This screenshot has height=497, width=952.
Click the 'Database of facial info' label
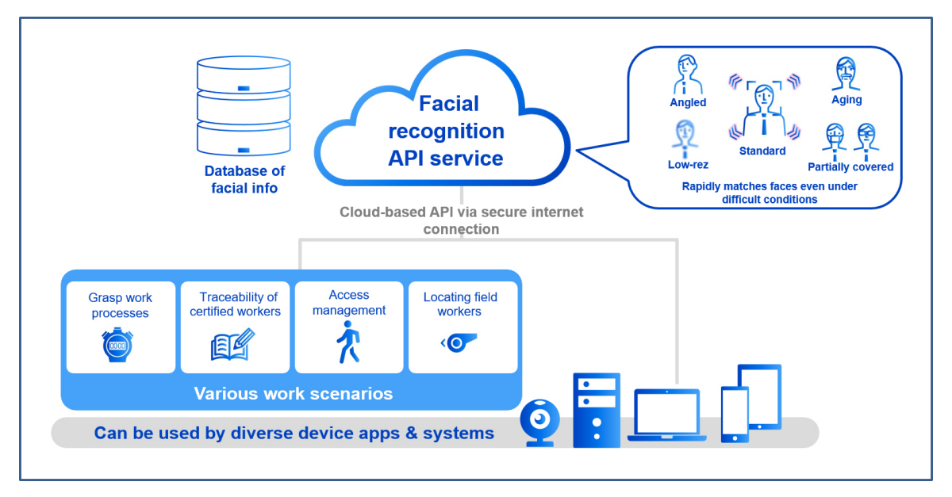pos(244,179)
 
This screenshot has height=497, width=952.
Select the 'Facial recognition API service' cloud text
pos(445,131)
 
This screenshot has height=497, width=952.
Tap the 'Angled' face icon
pos(687,75)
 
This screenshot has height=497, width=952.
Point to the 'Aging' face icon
pos(846,75)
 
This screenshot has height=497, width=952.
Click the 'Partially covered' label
pos(850,167)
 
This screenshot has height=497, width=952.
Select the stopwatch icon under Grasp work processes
pos(117,346)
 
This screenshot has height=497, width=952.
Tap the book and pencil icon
pos(232,345)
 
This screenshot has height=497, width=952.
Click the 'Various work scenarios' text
pos(293,394)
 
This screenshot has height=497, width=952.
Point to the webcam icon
pos(540,422)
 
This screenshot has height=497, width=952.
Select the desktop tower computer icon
pos(596,410)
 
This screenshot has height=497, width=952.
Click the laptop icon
pos(666,415)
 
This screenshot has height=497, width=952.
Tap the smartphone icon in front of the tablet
pos(734,414)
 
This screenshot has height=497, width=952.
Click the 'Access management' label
pos(349,303)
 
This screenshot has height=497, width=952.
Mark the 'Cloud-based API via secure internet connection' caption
pos(461,220)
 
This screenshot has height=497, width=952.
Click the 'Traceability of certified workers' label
pos(235,304)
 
